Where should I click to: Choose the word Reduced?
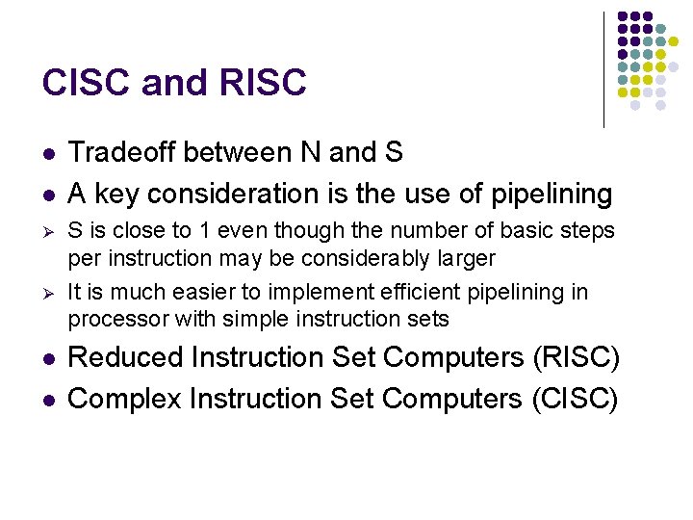126,357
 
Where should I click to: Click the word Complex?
126,398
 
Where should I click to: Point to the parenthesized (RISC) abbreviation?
576,357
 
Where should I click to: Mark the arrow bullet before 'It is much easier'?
47,293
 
